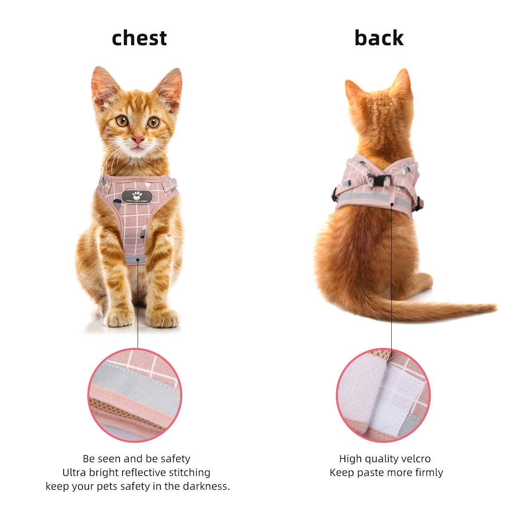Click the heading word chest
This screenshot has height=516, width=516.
pyautogui.click(x=139, y=38)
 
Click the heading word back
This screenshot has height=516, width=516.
pyautogui.click(x=379, y=38)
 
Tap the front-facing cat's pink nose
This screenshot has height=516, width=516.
pyautogui.click(x=138, y=139)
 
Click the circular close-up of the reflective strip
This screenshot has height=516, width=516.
pyautogui.click(x=135, y=395)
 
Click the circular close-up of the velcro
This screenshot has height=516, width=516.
pyautogui.click(x=383, y=395)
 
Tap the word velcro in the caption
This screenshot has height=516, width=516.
pyautogui.click(x=415, y=459)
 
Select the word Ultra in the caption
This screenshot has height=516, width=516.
pyautogui.click(x=74, y=473)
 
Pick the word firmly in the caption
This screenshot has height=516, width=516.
pyautogui.click(x=427, y=473)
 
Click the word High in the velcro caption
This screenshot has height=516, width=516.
pyautogui.click(x=350, y=459)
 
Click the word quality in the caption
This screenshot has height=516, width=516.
pyautogui.click(x=380, y=459)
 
